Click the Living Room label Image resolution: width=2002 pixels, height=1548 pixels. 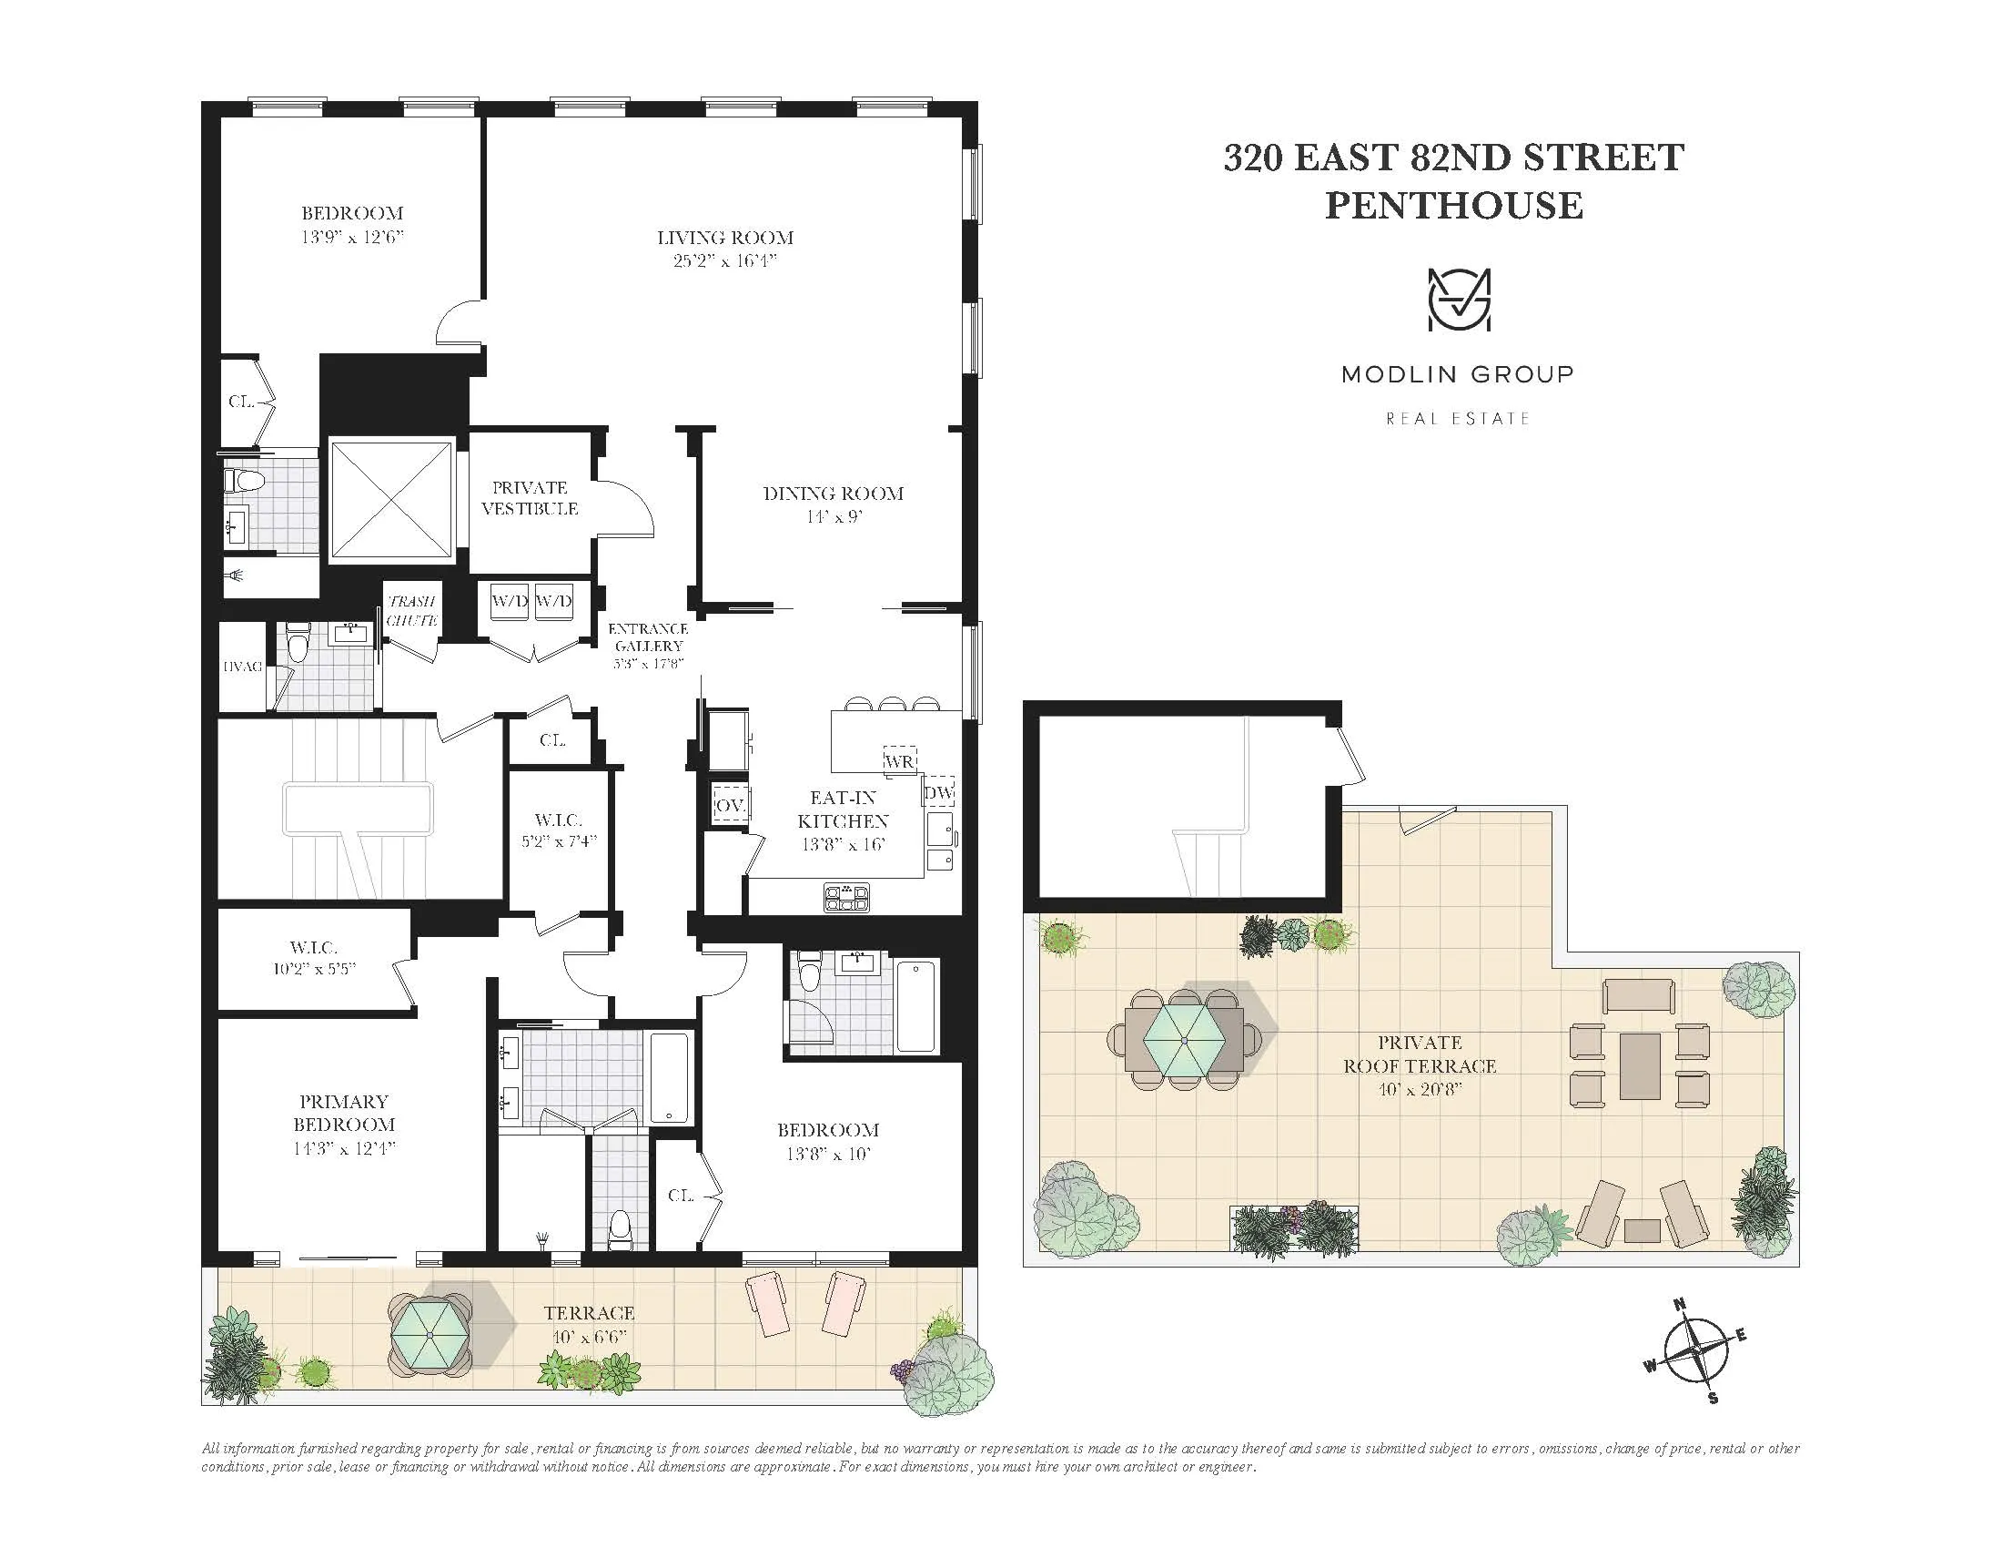coord(725,238)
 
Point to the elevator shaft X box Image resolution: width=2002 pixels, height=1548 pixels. coord(391,500)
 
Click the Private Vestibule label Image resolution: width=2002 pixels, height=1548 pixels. coord(530,498)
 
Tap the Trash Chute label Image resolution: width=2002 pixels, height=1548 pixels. coord(411,610)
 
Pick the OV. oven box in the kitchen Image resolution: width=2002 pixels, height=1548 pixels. coord(731,805)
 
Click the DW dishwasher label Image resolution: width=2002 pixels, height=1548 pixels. coord(939,792)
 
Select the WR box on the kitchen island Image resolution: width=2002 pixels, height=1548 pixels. coord(899,760)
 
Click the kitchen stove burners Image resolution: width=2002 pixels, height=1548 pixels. coord(847,896)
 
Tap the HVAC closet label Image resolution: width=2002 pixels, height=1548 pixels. coord(243,667)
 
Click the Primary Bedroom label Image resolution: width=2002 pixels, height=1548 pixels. coord(344,1113)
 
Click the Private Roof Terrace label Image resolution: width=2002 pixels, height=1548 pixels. coord(1419,1054)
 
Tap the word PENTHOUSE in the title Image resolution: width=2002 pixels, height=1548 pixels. coord(1454,205)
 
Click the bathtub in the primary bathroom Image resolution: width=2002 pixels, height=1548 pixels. coord(671,1078)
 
